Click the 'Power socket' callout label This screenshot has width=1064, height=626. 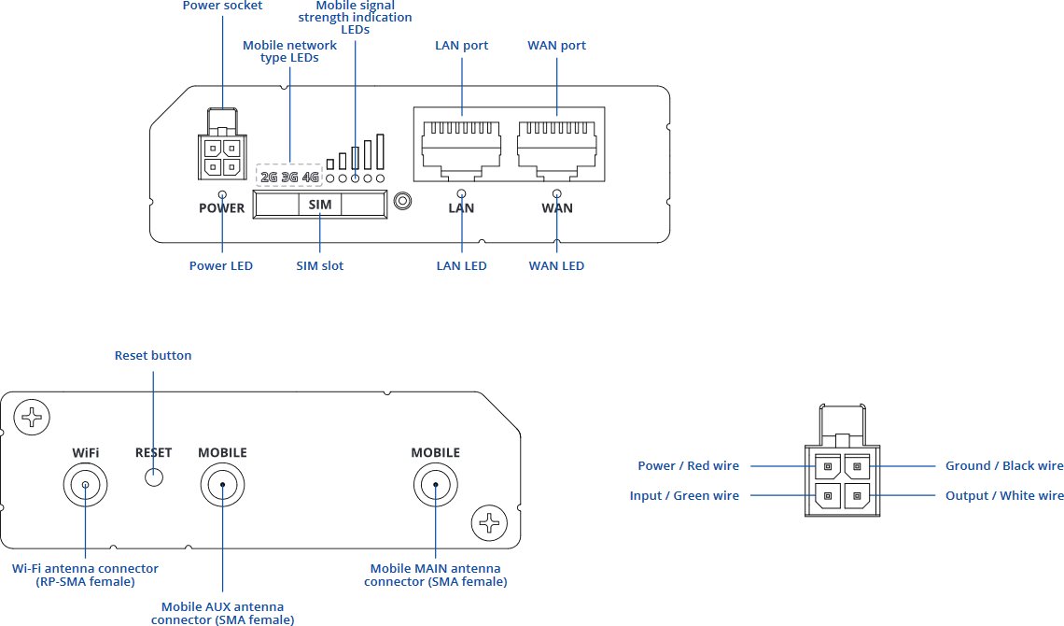(222, 6)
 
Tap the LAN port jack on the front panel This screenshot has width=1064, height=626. (461, 150)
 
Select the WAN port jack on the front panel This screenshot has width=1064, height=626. (556, 150)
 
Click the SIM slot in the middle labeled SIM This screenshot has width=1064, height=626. (319, 205)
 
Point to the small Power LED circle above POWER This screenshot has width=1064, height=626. (222, 195)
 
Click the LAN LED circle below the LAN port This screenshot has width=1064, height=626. (461, 193)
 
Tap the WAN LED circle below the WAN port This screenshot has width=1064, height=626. (557, 193)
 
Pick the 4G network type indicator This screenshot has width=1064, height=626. (311, 178)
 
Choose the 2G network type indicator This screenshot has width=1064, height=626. (269, 178)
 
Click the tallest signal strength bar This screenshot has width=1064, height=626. (380, 151)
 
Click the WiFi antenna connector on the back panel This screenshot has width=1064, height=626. (86, 485)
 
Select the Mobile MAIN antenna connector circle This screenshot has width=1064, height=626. (436, 485)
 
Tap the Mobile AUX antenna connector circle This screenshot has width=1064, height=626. (222, 485)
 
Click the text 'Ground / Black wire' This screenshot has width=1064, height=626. (1004, 466)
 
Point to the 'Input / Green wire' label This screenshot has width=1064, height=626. (684, 495)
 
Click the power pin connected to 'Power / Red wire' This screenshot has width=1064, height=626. (828, 466)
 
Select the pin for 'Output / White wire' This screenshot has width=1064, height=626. (857, 495)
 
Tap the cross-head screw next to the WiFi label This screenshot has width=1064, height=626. (32, 416)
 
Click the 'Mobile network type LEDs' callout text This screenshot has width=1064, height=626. (289, 51)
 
